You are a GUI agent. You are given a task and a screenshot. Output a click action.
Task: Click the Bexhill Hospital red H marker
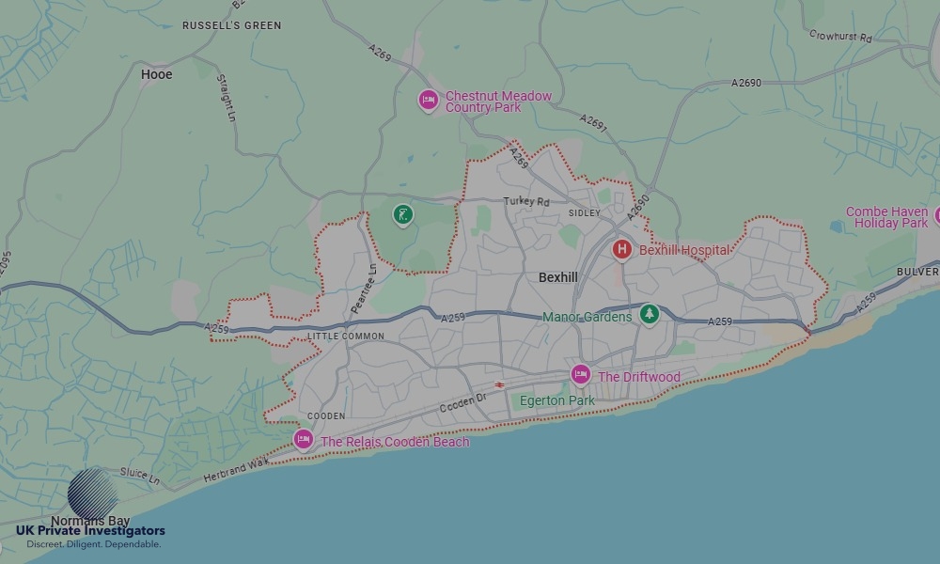[x=621, y=250]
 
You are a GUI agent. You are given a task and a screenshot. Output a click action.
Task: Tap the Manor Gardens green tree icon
[x=648, y=315]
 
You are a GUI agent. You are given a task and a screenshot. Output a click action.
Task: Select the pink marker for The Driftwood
[x=581, y=376]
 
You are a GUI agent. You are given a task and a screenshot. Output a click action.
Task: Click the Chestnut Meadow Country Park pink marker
[x=429, y=101]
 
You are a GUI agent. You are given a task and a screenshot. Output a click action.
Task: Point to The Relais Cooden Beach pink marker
[x=303, y=440]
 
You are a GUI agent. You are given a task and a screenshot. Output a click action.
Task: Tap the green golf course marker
[x=402, y=216]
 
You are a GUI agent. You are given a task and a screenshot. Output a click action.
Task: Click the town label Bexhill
[x=558, y=277]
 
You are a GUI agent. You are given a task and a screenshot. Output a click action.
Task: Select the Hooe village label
[x=156, y=74]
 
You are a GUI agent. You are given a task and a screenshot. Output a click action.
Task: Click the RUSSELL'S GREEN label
[x=231, y=25]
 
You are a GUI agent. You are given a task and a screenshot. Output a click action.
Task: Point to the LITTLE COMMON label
[x=345, y=337]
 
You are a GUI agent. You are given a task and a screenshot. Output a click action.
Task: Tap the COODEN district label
[x=326, y=415]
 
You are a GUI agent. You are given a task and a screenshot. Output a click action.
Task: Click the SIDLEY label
[x=584, y=213]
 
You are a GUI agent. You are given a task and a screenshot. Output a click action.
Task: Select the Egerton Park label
[x=557, y=400]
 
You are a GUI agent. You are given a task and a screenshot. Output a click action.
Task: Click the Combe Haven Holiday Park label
[x=886, y=217]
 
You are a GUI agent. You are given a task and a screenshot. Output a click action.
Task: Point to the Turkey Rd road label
[x=526, y=201]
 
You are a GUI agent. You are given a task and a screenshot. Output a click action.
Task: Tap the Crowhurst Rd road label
[x=840, y=37]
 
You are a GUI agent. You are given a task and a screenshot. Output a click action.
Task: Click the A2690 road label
[x=746, y=83]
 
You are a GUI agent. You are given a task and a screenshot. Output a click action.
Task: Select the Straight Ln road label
[x=227, y=98]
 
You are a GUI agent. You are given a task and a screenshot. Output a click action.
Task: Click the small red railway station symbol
[x=500, y=384]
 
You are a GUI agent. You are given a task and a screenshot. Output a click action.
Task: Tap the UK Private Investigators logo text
[x=90, y=531]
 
